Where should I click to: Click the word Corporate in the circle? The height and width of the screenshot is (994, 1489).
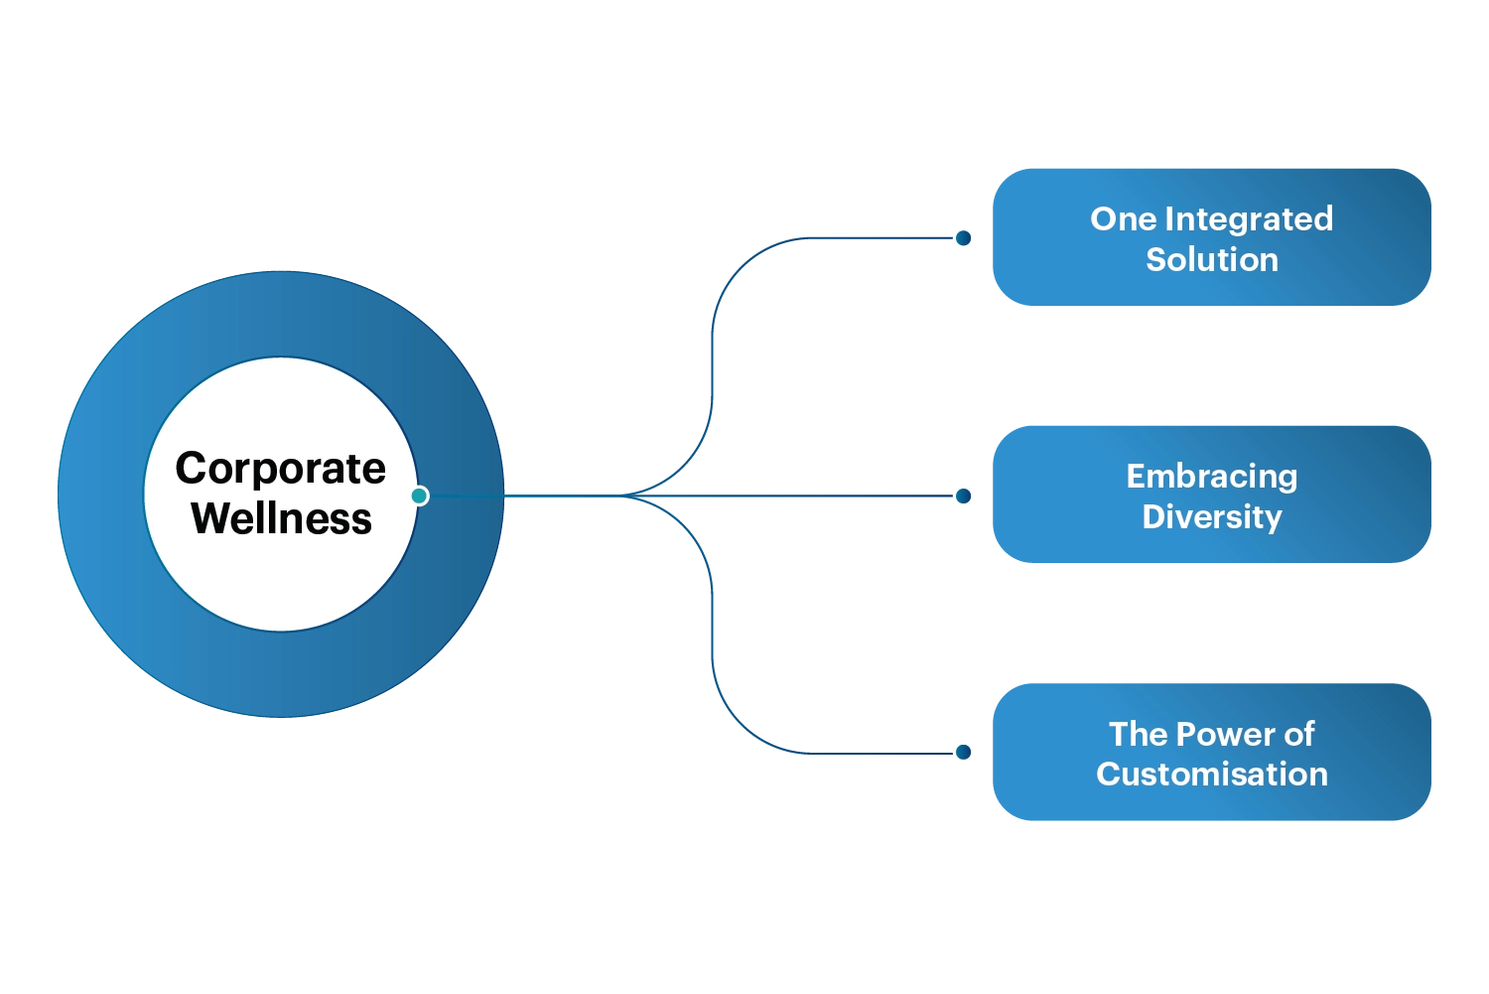pos(281,469)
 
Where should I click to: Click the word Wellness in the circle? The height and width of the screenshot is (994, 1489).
pos(282,518)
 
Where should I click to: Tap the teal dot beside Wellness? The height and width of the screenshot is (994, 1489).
pos(420,496)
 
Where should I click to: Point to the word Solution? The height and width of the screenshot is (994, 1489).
pos(1211,259)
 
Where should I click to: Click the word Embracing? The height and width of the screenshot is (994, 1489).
pos(1211,476)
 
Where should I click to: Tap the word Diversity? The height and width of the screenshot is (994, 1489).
pos(1211,516)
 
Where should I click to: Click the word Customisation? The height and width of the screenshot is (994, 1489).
pos(1211,774)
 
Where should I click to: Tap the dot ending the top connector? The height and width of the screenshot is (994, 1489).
pos(963,238)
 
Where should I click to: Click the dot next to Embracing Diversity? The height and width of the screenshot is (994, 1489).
pos(963,496)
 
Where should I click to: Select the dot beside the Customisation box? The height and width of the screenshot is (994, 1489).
pos(963,752)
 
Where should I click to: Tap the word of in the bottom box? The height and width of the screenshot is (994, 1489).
pos(1298,734)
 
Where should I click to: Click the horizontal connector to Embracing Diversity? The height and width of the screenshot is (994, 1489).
pos(804,496)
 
